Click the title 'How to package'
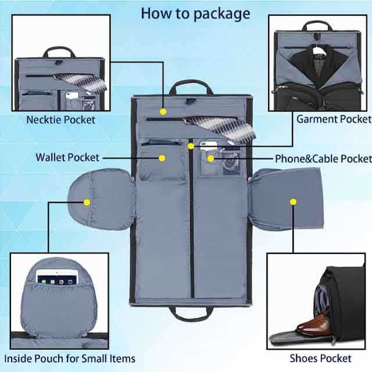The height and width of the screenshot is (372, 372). (195, 13)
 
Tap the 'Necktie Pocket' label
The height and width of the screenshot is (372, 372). (60, 120)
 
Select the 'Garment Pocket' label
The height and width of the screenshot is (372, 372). (333, 119)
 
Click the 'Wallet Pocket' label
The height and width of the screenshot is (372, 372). (67, 158)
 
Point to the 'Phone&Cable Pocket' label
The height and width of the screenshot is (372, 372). (323, 159)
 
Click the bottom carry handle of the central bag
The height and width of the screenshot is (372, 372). (192, 314)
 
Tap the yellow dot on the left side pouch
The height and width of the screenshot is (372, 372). (87, 202)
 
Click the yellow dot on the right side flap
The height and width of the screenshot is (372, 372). (293, 202)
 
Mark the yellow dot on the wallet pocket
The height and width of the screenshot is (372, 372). (163, 158)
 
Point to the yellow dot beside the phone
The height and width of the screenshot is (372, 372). (212, 158)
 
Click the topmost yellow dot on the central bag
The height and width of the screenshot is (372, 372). (163, 110)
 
